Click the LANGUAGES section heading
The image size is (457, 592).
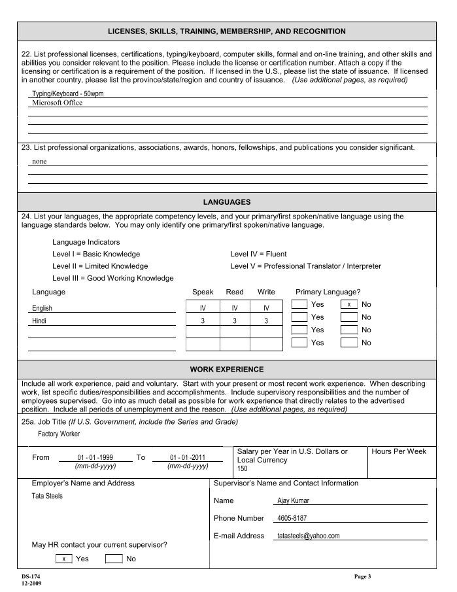pos(227,202)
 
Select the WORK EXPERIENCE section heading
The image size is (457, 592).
pos(227,370)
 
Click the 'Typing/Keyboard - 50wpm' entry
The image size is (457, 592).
pos(68,94)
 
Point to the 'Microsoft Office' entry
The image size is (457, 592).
pos(58,103)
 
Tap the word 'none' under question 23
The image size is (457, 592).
pos(39,161)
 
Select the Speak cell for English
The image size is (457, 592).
pos(203,307)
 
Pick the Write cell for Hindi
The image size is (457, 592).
pos(266,321)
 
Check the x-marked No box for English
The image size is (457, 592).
pos(349,305)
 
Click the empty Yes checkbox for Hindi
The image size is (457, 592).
pos(299,317)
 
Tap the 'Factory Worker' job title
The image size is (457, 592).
pos(59,434)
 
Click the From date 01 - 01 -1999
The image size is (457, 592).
pos(95,457)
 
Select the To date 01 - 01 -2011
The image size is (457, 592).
pos(188,457)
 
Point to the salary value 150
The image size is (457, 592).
pos(243,469)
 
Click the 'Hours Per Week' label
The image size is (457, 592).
pos(399,452)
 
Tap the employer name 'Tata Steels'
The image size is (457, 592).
pos(47,496)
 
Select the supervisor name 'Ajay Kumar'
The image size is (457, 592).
pos(294,501)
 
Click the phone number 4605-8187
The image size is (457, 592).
pos(292,518)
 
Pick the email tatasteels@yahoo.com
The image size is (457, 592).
pos(309,536)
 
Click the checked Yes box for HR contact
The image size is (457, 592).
pos(63,559)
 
